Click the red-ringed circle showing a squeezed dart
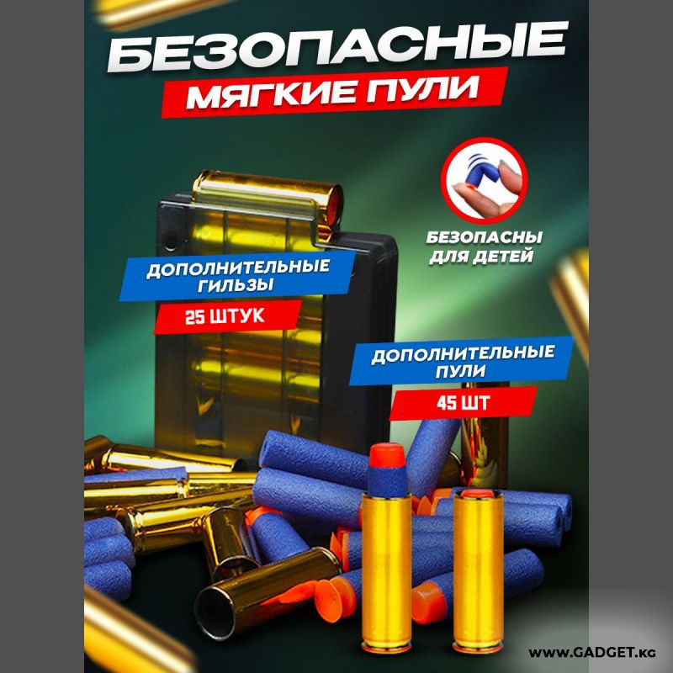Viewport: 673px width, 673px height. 485,181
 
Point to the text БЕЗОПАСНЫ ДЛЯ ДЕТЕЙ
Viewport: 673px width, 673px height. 484,246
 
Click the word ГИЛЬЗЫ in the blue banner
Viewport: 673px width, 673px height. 236,284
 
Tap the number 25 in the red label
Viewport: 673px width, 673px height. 194,318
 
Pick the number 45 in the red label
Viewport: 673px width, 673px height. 447,404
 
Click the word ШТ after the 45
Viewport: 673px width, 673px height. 475,403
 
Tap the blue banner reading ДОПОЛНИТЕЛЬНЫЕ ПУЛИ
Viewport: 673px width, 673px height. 461,361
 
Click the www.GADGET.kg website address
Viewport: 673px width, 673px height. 592,653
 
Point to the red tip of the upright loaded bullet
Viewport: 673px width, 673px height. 387,454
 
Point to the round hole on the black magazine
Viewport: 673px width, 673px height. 171,241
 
